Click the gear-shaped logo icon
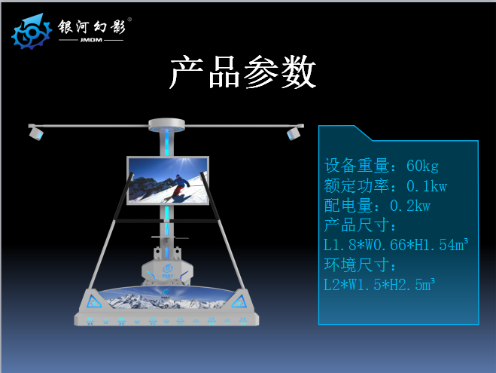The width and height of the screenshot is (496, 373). [x=32, y=32]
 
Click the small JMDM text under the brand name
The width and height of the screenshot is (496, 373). [x=91, y=40]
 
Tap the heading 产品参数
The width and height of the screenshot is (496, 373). [x=243, y=72]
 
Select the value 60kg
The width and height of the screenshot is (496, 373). [x=422, y=166]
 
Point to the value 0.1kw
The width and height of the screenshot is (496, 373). [x=427, y=186]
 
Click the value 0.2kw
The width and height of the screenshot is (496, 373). [x=410, y=206]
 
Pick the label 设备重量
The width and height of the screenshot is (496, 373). [x=357, y=166]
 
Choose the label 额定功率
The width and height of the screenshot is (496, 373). [x=357, y=186]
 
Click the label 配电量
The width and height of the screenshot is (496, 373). [x=348, y=206]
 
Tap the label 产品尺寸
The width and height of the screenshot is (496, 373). [x=357, y=225]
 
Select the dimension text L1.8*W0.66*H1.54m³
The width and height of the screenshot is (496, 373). [x=396, y=244]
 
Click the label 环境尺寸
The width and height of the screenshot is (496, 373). [x=357, y=264]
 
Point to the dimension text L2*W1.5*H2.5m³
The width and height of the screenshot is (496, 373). [x=379, y=285]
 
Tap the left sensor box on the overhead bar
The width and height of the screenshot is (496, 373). [x=36, y=133]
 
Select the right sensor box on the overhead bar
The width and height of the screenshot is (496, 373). [x=294, y=133]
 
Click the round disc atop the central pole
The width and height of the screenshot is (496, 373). [x=166, y=124]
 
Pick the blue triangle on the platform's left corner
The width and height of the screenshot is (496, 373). [x=93, y=301]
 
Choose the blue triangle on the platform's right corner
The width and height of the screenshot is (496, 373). [x=239, y=301]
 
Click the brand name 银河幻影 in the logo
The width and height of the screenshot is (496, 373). [x=92, y=26]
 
